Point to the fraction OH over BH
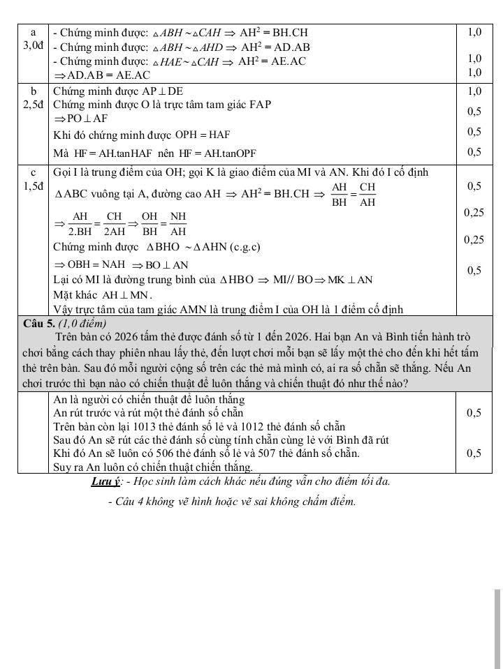(150, 223)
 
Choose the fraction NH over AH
(179, 223)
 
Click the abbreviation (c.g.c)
(245, 247)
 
